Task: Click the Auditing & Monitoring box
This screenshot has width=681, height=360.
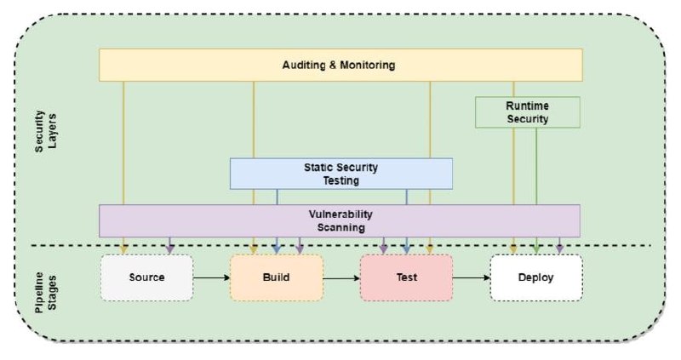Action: [x=340, y=65]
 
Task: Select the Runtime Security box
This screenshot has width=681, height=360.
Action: [x=527, y=112]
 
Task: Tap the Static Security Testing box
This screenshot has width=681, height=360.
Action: [x=341, y=174]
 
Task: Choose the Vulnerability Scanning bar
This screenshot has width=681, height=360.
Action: [x=340, y=220]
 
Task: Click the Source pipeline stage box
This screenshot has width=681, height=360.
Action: [x=146, y=277]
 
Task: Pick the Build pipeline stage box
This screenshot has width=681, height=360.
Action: [x=276, y=277]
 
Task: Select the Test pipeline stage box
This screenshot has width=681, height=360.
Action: [x=406, y=277]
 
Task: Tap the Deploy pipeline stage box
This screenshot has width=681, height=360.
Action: [x=536, y=277]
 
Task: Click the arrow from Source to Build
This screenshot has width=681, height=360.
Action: [x=211, y=277]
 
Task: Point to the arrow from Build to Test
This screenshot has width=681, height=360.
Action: [x=341, y=277]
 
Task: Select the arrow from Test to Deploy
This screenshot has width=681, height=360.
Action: [x=472, y=277]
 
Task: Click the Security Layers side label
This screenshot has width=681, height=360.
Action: [x=46, y=131]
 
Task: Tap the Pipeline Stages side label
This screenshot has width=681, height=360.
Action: [x=46, y=291]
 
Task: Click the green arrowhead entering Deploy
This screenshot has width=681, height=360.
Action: [x=536, y=249]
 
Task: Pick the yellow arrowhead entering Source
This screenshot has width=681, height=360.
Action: [x=123, y=249]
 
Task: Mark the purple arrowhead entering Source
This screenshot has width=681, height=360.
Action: [x=170, y=249]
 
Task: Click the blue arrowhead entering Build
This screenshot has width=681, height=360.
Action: [x=277, y=249]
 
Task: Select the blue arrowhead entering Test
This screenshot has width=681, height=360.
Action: [x=407, y=249]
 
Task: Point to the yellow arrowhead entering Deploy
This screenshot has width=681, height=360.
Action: [x=513, y=249]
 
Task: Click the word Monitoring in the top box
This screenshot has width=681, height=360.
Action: [x=368, y=66]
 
